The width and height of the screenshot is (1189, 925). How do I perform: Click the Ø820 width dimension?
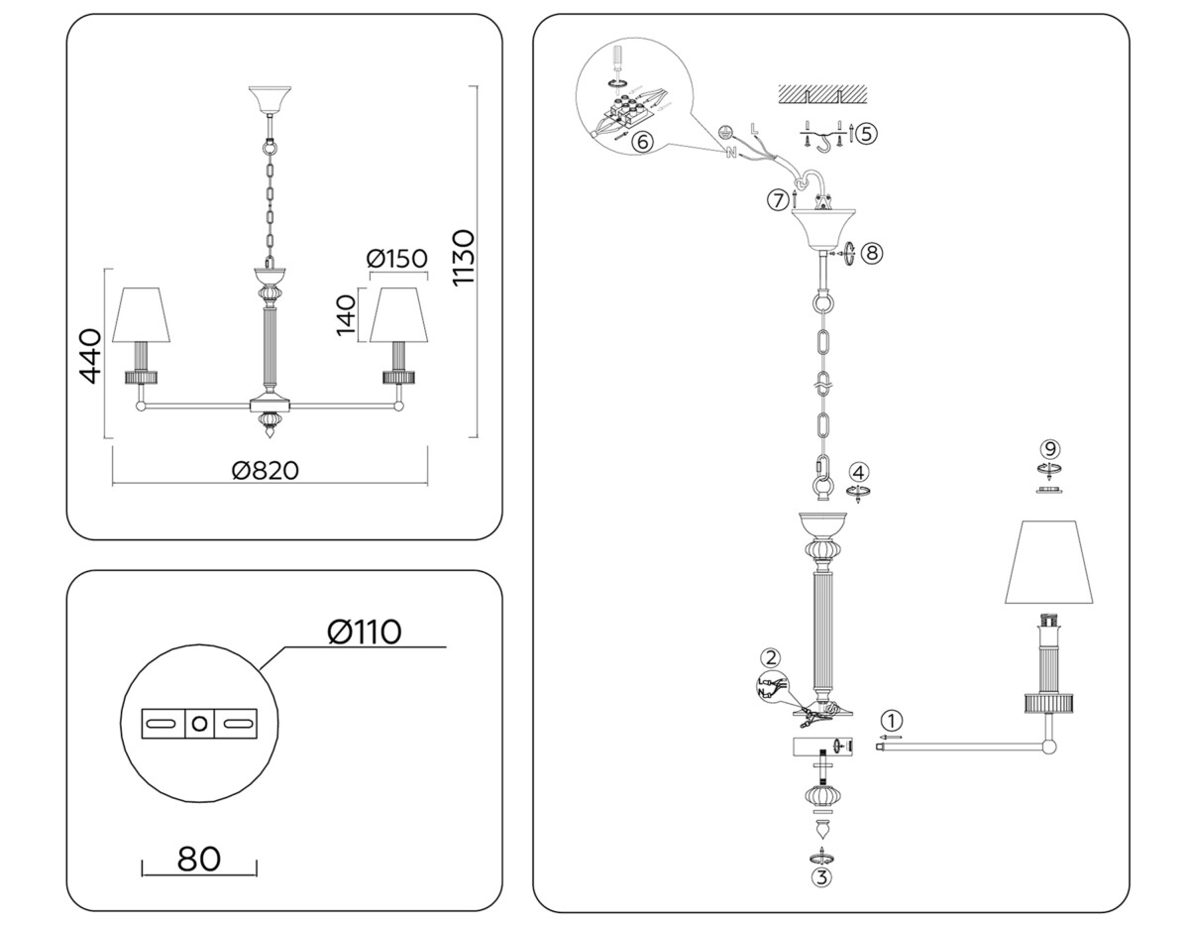pos(265,469)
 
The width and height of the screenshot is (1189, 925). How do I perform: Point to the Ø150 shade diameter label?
pos(396,259)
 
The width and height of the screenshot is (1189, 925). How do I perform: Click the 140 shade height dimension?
pos(345,315)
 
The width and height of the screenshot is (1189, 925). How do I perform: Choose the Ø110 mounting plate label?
pos(363,631)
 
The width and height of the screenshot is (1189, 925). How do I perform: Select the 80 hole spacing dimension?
pos(198,858)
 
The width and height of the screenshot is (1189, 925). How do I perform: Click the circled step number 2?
pos(770,656)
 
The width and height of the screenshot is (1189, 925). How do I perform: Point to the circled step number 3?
pos(821,875)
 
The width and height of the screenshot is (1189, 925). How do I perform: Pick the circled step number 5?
pos(866,132)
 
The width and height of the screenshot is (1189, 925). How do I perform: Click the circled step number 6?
pos(641,141)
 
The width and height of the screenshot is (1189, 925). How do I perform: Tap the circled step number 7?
pos(778,200)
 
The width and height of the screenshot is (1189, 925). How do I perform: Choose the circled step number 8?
pos(871,253)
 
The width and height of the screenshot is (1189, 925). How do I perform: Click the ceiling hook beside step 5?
pos(822,143)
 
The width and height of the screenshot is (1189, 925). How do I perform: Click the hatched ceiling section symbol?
pos(822,93)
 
